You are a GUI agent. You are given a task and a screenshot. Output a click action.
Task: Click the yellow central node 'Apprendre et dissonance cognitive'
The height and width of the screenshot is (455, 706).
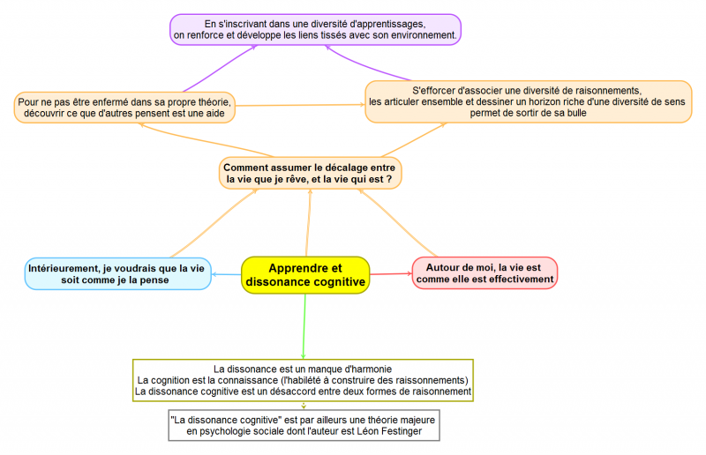coord(305,274)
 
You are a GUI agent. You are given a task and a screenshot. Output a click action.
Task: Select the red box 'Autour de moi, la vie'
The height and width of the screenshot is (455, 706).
coord(484,272)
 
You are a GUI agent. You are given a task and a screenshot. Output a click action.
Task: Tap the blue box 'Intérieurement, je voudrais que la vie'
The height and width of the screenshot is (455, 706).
coord(116,273)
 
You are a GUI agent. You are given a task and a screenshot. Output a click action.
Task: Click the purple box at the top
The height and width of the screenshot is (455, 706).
coord(315,29)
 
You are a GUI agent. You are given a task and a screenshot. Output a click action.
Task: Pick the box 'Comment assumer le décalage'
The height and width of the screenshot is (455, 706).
coord(311,172)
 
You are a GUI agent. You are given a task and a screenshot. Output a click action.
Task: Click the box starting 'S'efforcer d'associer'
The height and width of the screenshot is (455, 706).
coord(527,102)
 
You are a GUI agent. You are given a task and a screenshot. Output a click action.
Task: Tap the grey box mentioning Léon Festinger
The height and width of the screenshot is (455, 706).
coord(303,425)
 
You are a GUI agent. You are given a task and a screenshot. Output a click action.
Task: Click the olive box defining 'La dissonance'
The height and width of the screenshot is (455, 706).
coord(303,379)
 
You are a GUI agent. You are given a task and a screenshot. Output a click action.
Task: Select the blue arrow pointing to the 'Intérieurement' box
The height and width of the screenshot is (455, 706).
coord(226,274)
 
